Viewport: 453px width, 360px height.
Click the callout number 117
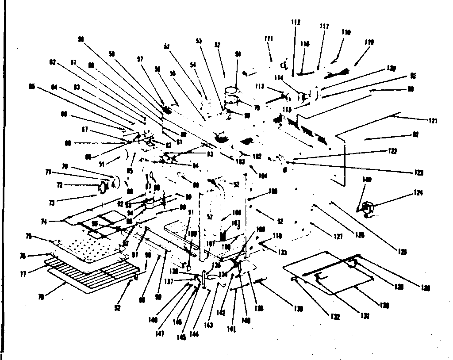pos(324,27)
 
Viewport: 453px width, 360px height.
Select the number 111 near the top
pos(269,39)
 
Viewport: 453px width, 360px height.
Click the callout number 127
pos(338,236)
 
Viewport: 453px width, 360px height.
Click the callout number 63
pos(77,87)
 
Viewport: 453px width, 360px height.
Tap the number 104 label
pos(264,176)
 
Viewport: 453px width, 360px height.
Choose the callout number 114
pos(278,78)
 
